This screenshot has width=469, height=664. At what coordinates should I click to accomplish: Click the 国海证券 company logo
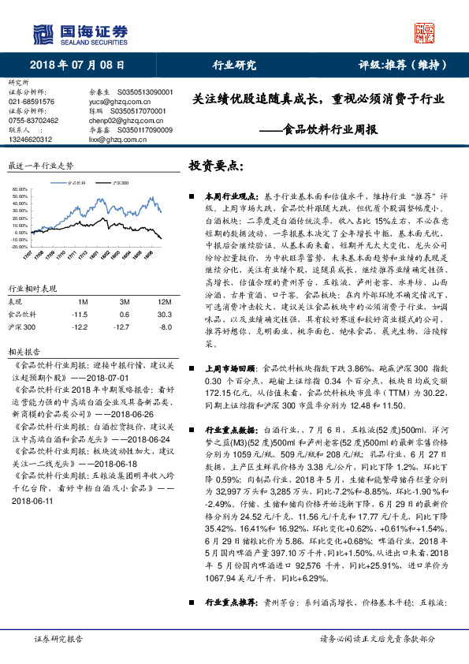coord(79,33)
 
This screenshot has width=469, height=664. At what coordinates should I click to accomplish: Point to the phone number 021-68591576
coord(32,102)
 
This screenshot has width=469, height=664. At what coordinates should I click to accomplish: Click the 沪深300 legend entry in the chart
coord(120,181)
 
